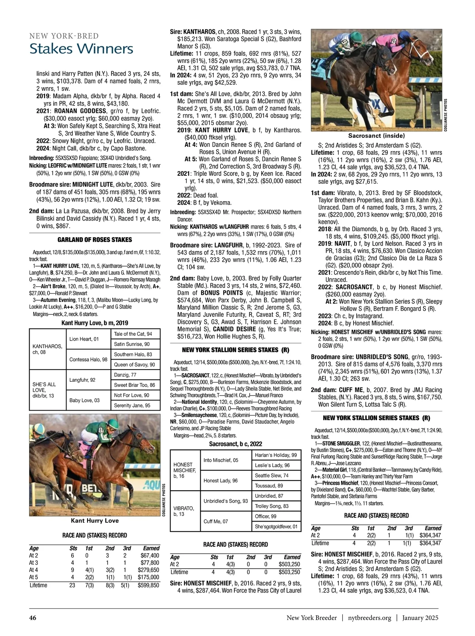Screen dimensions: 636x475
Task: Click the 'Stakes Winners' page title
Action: (82, 49)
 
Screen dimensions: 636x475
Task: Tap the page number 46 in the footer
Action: (33, 618)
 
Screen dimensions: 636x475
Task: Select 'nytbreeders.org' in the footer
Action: (370, 618)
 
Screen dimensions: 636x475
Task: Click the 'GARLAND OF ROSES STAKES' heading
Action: (95, 240)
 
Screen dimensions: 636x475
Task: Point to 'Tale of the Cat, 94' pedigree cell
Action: (133, 334)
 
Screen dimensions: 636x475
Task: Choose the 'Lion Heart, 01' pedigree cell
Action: (84, 339)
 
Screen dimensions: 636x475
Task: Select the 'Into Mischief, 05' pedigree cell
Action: (221, 460)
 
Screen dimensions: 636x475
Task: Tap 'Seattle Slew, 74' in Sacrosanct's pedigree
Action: (272, 475)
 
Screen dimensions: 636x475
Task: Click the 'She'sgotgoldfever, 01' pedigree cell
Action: (276, 526)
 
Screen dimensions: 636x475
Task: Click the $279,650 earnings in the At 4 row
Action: (148, 570)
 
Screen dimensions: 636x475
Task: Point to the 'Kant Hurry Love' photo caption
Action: (95, 521)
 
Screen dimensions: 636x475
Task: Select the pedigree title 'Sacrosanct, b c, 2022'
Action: (236, 444)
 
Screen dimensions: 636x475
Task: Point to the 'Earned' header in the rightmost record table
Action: (433, 528)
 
